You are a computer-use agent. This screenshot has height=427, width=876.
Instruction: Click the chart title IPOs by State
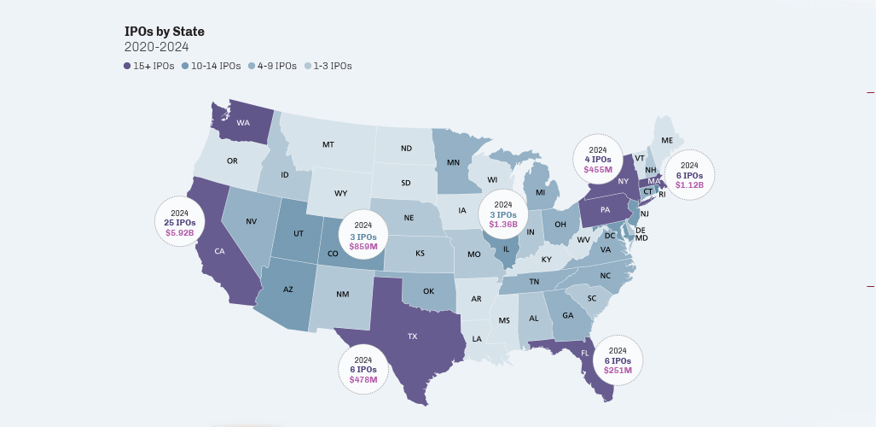(164, 32)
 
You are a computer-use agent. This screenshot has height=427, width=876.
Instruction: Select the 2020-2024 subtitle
(156, 47)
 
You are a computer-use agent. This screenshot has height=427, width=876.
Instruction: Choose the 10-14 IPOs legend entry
(210, 66)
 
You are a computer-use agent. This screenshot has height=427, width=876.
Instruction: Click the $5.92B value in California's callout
(179, 231)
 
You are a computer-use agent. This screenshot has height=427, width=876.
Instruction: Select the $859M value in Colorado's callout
(363, 246)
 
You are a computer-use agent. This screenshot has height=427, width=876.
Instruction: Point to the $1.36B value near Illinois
(503, 225)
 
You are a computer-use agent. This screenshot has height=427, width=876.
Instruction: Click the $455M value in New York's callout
(597, 169)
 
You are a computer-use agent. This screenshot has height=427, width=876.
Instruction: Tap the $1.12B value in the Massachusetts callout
(689, 184)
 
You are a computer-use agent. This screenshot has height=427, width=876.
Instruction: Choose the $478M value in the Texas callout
(363, 379)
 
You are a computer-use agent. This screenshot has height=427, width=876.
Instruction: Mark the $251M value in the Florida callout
(618, 370)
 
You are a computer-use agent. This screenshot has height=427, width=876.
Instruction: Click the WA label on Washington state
(243, 123)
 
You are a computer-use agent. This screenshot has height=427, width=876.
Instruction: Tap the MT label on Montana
(328, 145)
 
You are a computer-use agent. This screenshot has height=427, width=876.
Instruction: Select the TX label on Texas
(412, 336)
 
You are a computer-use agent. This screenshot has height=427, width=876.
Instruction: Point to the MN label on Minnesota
(454, 162)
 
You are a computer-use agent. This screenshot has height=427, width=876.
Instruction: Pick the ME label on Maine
(667, 140)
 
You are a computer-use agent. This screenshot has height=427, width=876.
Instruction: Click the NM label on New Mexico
(342, 295)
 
